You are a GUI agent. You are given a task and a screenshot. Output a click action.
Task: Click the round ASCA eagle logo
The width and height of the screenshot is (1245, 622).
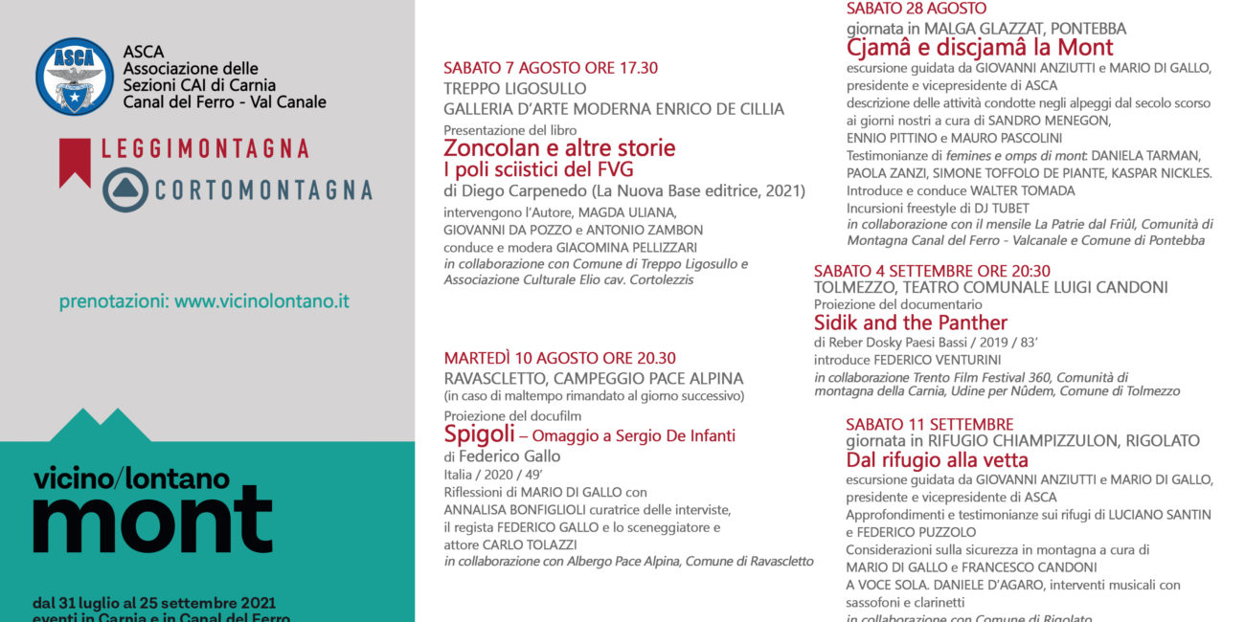coord(74,77)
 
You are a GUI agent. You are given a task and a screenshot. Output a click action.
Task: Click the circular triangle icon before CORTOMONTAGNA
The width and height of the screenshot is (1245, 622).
coord(125,189)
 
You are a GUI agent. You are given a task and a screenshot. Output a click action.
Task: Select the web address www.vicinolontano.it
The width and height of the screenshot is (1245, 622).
coord(261,301)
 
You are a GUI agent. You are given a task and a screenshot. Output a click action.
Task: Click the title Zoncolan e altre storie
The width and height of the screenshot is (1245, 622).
coord(559,148)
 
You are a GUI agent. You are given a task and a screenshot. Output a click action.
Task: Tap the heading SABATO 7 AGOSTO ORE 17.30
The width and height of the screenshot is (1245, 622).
coord(551,68)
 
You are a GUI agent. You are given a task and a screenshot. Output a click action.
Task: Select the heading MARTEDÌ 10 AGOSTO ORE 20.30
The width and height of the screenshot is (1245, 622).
coord(559,359)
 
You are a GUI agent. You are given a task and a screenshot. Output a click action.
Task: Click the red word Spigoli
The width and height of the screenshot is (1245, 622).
coord(480,435)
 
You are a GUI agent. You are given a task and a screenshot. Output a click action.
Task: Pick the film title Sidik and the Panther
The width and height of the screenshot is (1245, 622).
coord(911,322)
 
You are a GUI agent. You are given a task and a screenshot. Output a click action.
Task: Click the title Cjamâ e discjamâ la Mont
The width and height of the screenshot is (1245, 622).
coord(980,47)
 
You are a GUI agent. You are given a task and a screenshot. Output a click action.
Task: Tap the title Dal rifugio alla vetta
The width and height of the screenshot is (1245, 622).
coord(937,460)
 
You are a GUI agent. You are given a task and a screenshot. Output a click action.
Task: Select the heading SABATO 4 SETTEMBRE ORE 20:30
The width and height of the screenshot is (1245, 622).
coord(932,271)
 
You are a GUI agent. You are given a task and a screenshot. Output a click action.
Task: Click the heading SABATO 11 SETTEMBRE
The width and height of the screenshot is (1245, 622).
coord(929,424)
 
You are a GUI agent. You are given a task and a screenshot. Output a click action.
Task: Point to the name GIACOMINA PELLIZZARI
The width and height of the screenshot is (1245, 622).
coord(644,247)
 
